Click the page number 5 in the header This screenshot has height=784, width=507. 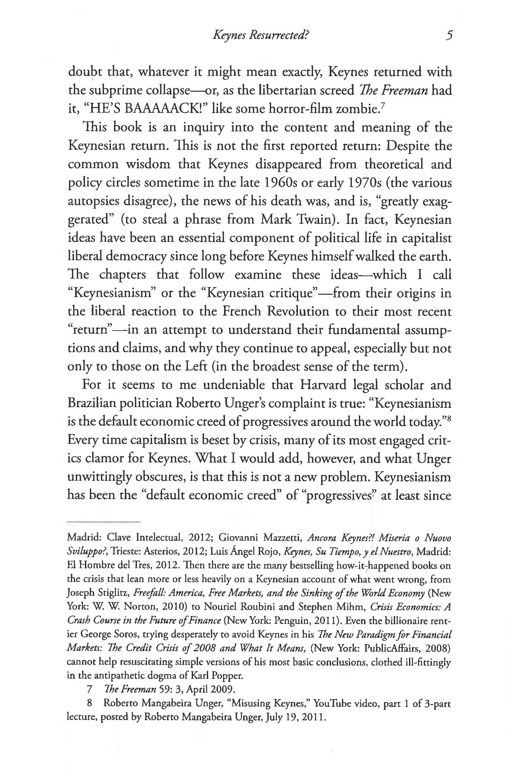(449, 35)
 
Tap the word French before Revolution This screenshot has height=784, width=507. (242, 311)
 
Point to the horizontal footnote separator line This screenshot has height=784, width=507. (104, 522)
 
